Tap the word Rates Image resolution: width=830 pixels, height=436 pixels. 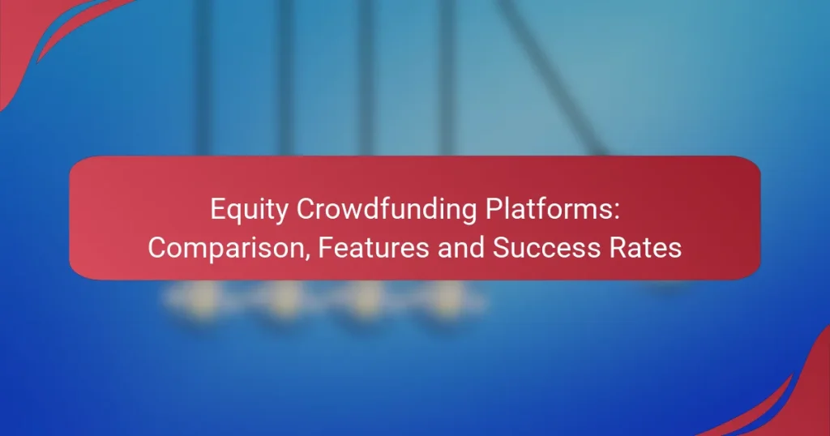click(648, 248)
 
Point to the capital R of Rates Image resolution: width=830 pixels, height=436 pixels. click(622, 248)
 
